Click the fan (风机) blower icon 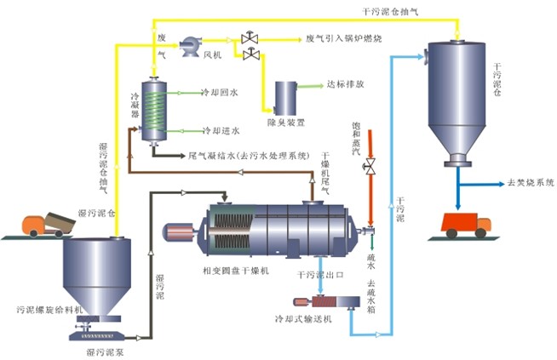pos(189,40)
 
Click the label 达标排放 pos(345,85)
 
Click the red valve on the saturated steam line pos(370,165)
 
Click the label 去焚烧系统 pos(530,182)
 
